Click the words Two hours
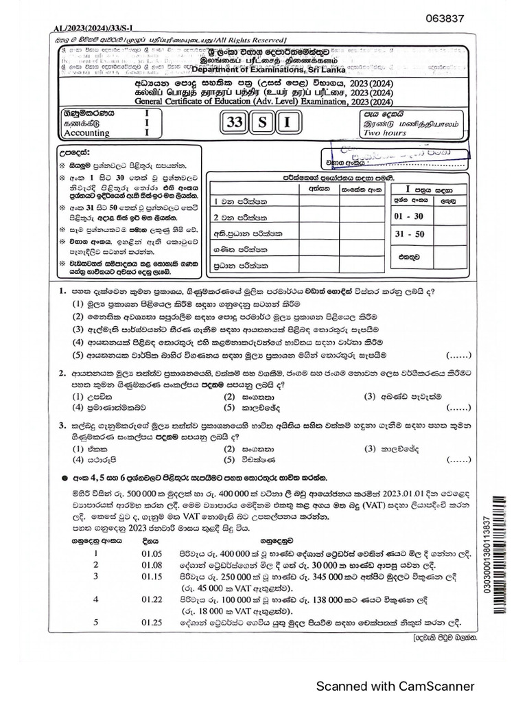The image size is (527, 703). coord(384,133)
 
